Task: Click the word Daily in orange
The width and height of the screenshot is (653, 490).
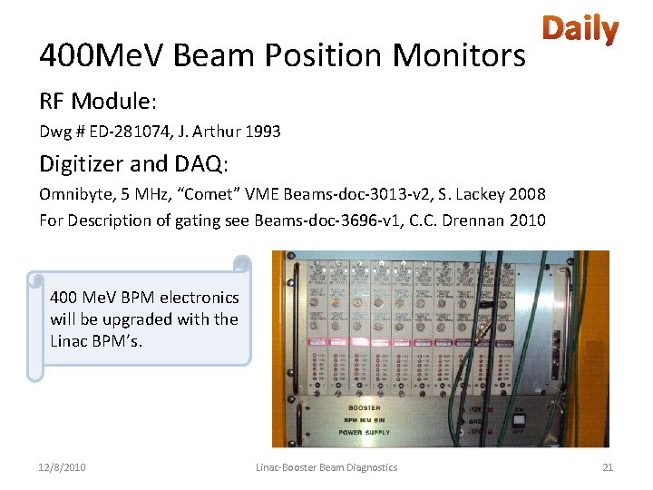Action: [580, 30]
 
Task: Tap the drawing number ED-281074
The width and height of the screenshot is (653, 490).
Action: [131, 132]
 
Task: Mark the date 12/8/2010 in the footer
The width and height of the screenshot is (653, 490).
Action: [63, 466]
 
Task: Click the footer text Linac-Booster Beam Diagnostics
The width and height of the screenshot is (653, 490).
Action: [326, 466]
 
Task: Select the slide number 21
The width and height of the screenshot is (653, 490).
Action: [608, 466]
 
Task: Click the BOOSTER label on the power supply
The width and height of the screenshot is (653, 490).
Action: [366, 408]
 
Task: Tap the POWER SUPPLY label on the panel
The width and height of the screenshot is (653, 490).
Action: [366, 432]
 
